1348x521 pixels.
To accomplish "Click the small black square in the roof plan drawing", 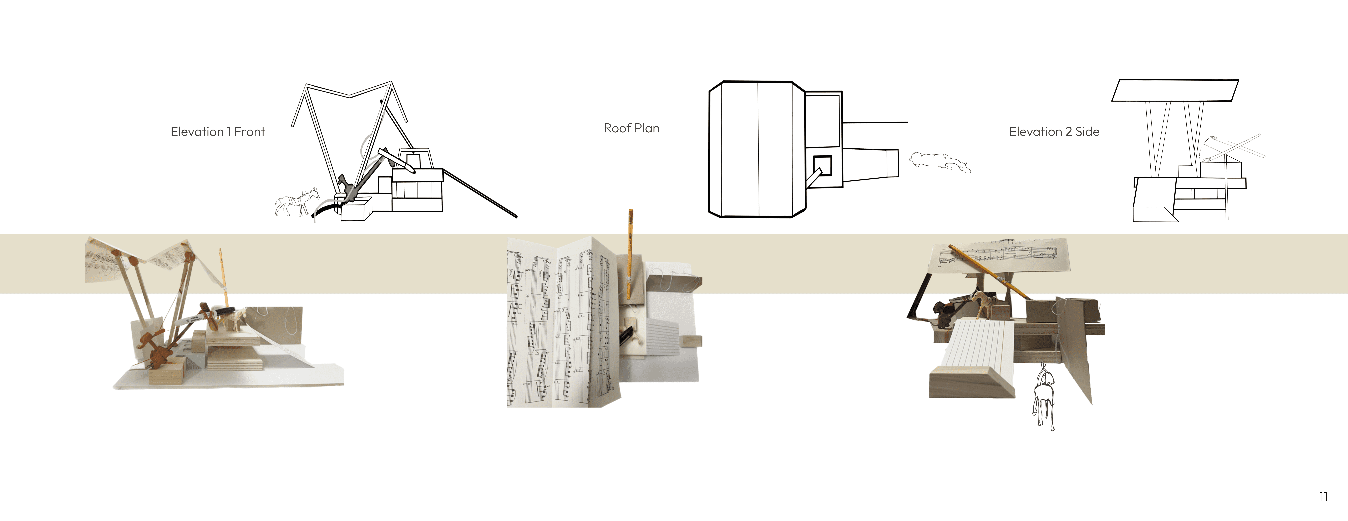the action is pyautogui.click(x=822, y=165).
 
